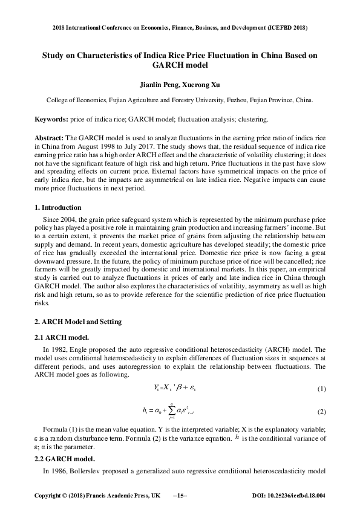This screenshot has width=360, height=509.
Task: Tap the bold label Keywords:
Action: [51, 120]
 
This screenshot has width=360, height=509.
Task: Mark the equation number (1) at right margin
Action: [321, 387]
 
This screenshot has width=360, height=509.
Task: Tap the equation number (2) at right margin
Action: [321, 412]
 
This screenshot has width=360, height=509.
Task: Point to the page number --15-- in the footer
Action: [180, 496]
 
